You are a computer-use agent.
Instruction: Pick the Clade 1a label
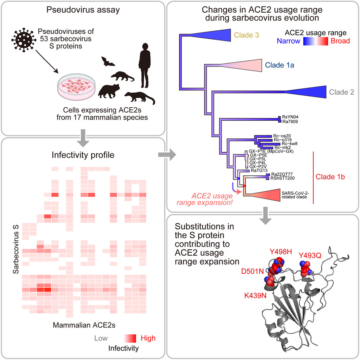click(279, 65)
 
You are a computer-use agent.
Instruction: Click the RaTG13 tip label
click(260, 170)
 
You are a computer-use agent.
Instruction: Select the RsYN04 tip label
click(290, 117)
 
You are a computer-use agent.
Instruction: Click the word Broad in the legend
click(340, 41)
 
